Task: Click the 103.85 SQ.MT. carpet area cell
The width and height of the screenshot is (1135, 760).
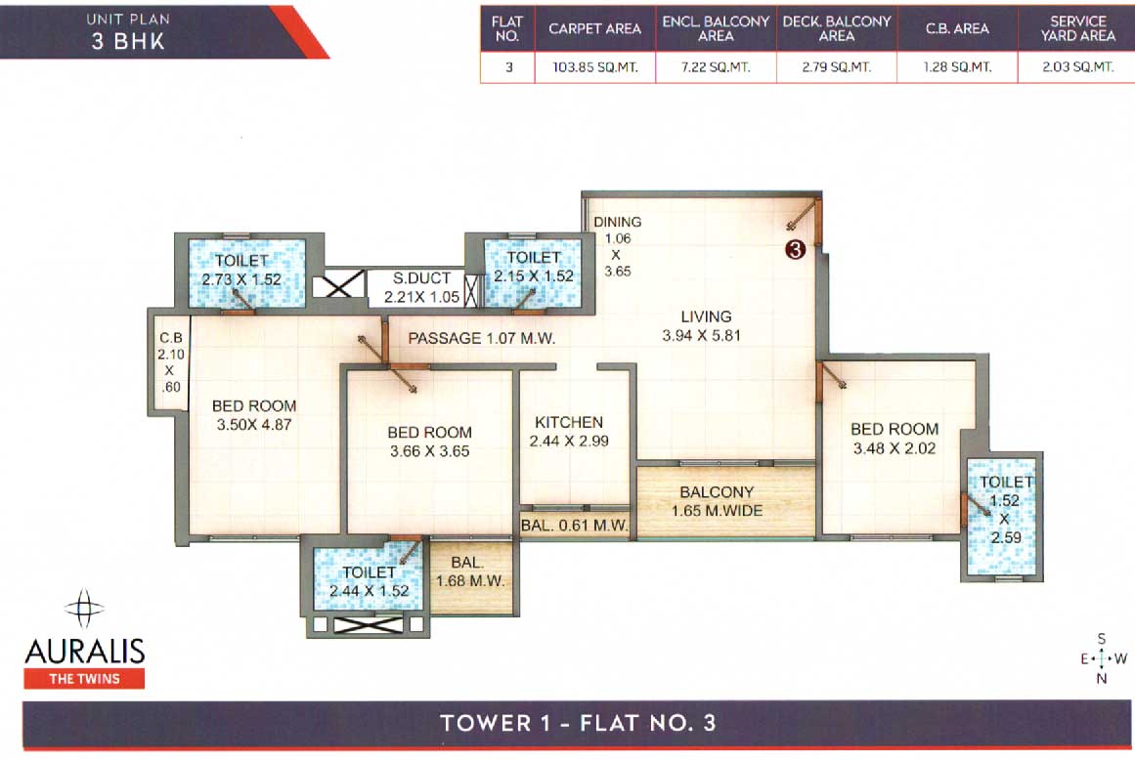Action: click(594, 67)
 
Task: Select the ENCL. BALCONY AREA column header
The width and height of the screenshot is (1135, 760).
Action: click(716, 28)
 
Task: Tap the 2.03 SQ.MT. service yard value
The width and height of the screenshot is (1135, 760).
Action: click(1077, 67)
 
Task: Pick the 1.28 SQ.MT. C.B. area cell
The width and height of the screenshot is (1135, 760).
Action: click(957, 67)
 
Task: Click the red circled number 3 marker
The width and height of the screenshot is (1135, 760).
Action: click(795, 250)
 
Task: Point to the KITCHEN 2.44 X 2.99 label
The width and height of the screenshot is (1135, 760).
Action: click(568, 432)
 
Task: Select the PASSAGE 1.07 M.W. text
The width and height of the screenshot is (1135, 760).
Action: click(481, 339)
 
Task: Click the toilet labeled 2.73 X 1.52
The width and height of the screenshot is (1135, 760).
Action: click(241, 270)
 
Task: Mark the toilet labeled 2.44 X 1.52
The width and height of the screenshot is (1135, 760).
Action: click(370, 581)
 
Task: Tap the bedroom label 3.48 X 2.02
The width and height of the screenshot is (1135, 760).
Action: click(894, 439)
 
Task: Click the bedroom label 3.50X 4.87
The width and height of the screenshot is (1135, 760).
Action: click(254, 415)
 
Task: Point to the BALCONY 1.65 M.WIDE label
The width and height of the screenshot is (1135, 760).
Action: click(718, 501)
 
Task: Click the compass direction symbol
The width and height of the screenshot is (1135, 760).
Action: click(1102, 658)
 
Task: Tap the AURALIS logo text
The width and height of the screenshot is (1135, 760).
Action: click(84, 651)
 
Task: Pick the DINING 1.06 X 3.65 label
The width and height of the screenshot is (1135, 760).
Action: click(617, 247)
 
